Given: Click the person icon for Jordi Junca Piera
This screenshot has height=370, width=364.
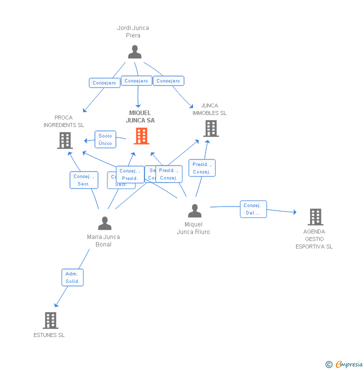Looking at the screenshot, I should pos(134,52).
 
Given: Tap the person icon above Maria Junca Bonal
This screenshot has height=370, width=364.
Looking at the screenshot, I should pos(104,223).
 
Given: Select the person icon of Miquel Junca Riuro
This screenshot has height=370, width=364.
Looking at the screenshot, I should pos(194,211).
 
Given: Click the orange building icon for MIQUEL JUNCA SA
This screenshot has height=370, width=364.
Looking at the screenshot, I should pos(141,135).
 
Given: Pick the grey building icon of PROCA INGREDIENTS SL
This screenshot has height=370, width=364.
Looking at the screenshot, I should pos(65,140).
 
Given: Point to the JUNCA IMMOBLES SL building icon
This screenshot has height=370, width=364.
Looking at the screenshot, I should pos(211,128).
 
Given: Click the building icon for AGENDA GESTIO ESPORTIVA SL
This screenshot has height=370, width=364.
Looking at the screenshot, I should pos(315,216).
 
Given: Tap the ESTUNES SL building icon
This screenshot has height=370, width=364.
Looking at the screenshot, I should pos(50,320).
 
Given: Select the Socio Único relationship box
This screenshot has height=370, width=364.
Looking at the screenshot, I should pos(105,139).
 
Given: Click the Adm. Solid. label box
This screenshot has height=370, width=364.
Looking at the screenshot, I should pos(72,277).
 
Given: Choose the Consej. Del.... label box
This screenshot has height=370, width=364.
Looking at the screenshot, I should pos(253,209).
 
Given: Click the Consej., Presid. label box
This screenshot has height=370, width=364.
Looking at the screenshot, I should pos(129,174).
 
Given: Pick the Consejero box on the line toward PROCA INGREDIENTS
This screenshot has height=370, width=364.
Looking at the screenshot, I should pos(104,83).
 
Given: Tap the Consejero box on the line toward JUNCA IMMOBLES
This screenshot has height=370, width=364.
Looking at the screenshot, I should pos(168,81).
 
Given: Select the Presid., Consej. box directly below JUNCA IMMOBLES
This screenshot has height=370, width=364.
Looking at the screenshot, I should pos(202,168).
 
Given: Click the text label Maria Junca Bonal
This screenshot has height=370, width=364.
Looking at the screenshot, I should pos(103,240).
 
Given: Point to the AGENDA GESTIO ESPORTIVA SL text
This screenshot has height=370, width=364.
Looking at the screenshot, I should pos(314,239).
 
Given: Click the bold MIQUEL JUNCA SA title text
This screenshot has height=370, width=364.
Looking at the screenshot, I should pos(140,116).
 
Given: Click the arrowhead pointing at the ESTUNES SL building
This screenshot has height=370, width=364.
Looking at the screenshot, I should pos(56,305).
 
